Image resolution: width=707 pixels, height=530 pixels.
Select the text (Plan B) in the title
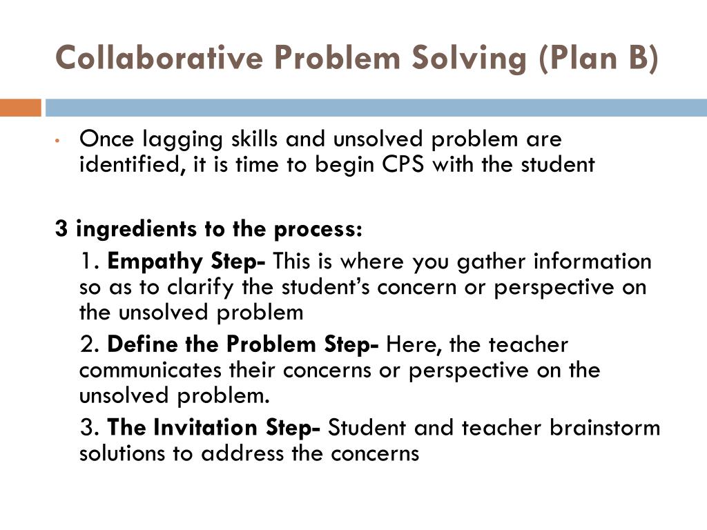point(597,58)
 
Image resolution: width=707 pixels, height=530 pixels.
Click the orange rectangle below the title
point(21,108)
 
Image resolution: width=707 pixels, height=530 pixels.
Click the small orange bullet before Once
point(60,141)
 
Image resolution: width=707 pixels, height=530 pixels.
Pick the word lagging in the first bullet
point(175,139)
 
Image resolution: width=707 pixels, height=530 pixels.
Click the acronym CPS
point(403,166)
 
